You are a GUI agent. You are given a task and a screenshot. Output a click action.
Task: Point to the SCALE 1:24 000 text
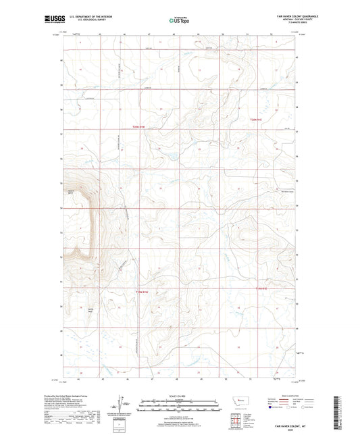[x=179, y=396]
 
